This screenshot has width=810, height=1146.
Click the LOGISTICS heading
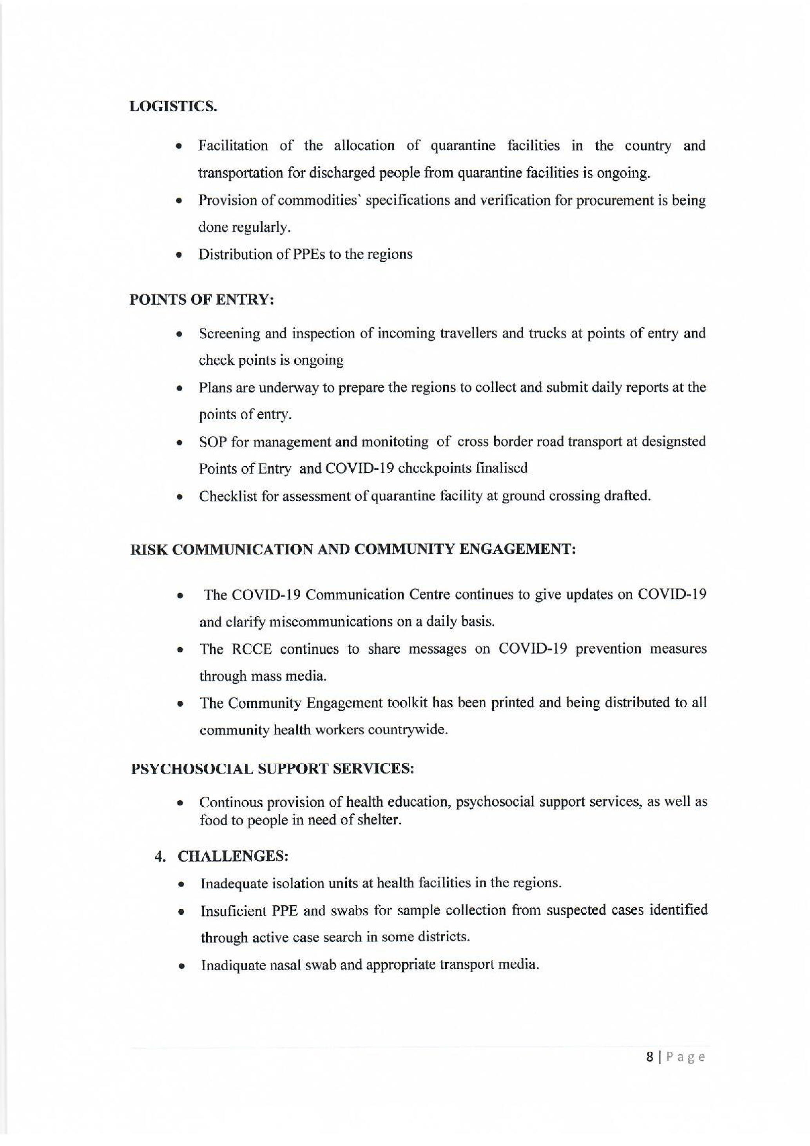(173, 107)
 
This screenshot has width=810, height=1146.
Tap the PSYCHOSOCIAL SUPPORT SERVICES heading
(272, 768)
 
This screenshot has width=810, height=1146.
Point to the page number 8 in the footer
(649, 1057)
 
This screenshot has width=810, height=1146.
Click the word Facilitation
(233, 146)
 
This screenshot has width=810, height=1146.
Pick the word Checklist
(227, 496)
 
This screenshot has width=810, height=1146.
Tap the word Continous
(232, 802)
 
